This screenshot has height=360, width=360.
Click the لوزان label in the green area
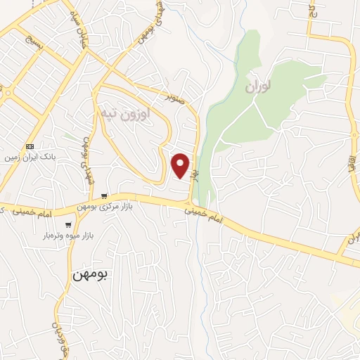(x=257, y=88)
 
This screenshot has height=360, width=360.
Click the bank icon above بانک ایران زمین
(x=29, y=146)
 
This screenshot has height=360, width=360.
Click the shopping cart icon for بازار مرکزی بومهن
(x=104, y=196)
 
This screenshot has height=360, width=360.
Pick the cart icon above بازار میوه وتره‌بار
(x=68, y=225)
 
